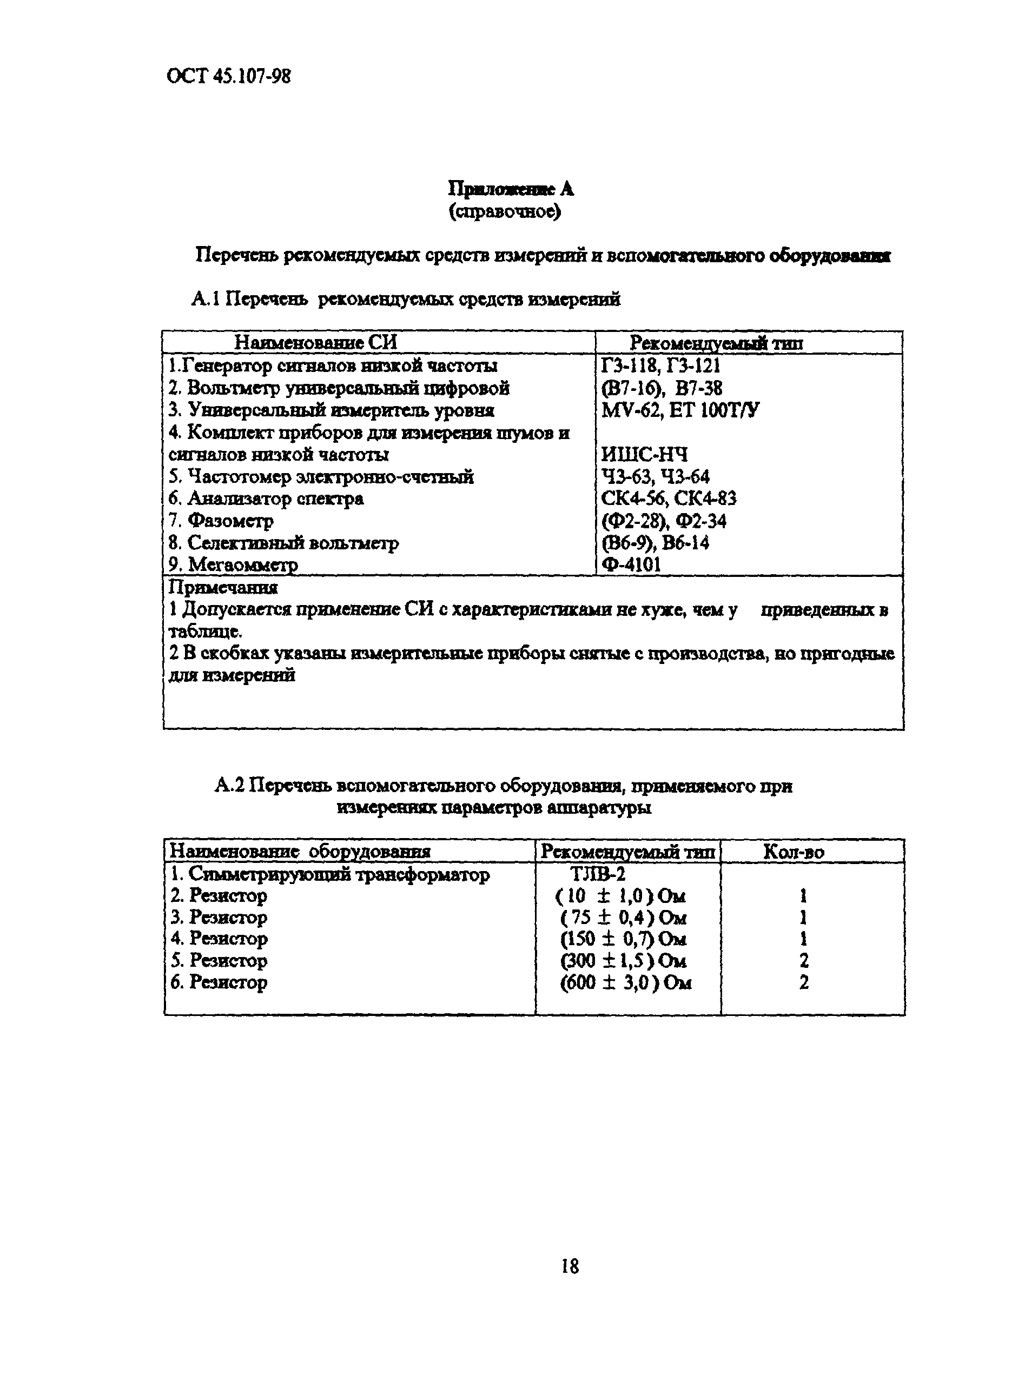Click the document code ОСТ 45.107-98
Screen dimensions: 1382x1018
click(229, 76)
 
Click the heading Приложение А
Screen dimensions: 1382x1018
click(511, 189)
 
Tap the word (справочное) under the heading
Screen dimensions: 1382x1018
click(505, 212)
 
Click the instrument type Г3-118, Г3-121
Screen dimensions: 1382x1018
click(660, 366)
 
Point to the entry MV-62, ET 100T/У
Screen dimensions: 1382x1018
click(680, 410)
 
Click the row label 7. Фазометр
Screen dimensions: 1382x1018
click(221, 521)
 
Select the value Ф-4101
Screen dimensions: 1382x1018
click(632, 564)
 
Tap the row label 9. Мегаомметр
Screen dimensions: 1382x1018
click(234, 564)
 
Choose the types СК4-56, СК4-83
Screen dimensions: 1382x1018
click(669, 499)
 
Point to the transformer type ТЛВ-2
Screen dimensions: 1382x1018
click(598, 874)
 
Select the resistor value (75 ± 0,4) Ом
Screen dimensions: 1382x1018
click(623, 918)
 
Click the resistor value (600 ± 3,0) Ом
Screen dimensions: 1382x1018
click(625, 983)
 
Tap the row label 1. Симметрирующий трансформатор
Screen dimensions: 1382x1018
click(329, 874)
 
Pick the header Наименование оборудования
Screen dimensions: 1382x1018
click(300, 852)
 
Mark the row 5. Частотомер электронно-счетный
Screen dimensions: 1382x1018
click(321, 477)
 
